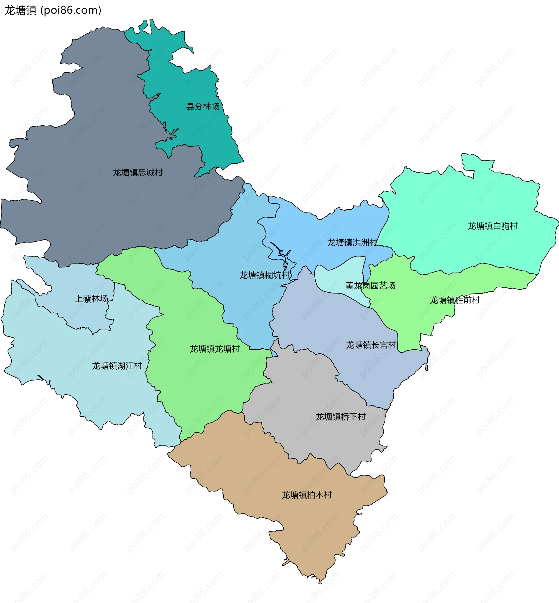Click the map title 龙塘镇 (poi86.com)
(53, 10)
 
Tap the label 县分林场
(203, 107)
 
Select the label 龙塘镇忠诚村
(138, 172)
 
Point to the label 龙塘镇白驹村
(492, 226)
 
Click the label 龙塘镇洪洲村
(352, 242)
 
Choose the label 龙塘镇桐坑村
(264, 275)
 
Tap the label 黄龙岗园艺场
(370, 285)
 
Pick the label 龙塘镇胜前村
(455, 300)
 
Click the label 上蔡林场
(91, 299)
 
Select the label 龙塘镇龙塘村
(215, 349)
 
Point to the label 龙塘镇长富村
(371, 345)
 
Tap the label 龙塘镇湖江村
(117, 366)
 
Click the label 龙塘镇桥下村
(341, 417)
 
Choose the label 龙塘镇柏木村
(307, 495)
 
